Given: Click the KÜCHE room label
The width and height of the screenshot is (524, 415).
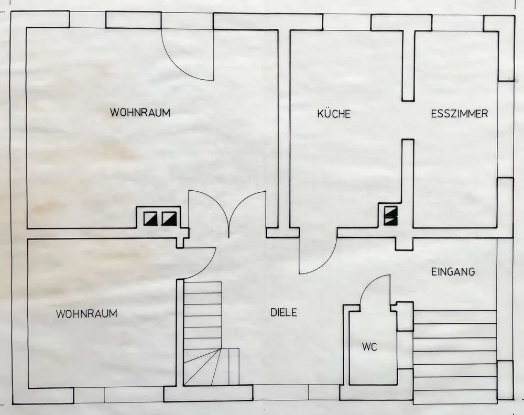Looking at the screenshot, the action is pyautogui.click(x=334, y=114).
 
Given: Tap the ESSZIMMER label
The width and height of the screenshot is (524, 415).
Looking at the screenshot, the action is pyautogui.click(x=460, y=114).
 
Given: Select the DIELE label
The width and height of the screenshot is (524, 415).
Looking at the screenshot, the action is pyautogui.click(x=284, y=312).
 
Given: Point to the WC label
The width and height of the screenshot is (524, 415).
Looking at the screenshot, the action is pyautogui.click(x=369, y=346).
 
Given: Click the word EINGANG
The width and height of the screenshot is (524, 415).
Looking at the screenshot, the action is pyautogui.click(x=453, y=272).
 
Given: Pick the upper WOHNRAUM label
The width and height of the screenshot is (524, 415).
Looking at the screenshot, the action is pyautogui.click(x=140, y=112).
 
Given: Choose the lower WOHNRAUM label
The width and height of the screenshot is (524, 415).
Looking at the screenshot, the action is pyautogui.click(x=87, y=314).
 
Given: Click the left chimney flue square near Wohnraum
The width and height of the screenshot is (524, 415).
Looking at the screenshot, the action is pyautogui.click(x=150, y=218).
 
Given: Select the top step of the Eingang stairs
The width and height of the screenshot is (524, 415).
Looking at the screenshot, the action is pyautogui.click(x=455, y=316).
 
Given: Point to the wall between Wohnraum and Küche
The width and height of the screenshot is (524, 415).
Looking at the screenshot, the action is pyautogui.click(x=283, y=131).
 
